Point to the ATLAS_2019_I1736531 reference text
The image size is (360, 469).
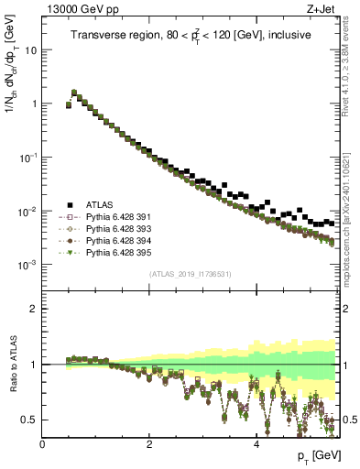coord(191,275)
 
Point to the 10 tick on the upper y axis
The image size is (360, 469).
coord(30,49)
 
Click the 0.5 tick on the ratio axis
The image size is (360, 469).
coord(29,420)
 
